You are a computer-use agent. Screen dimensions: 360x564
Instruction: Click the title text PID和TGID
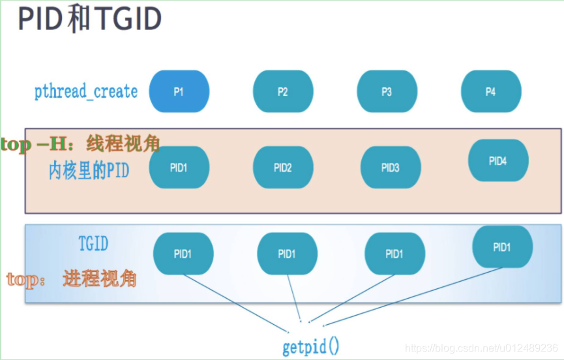click(90, 20)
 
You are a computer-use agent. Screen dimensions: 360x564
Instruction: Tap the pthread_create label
click(86, 91)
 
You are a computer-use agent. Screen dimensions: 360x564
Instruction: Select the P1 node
click(179, 92)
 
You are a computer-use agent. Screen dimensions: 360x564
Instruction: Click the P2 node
click(282, 92)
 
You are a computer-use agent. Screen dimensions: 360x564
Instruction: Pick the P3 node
click(387, 92)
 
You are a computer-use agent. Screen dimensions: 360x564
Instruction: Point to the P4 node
click(490, 92)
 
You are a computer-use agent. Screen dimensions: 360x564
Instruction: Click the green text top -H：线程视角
click(81, 143)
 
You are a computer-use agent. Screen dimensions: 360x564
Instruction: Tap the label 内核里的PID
click(89, 171)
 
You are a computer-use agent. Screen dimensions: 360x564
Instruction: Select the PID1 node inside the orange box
click(179, 168)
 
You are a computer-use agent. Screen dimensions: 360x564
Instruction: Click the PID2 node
click(282, 168)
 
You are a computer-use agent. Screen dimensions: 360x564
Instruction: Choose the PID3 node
click(390, 168)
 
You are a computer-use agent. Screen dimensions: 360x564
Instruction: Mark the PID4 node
click(498, 160)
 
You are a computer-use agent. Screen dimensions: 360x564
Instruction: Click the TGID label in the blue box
click(93, 244)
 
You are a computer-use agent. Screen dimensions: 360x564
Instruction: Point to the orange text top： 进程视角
click(72, 279)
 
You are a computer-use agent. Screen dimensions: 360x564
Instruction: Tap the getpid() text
click(311, 346)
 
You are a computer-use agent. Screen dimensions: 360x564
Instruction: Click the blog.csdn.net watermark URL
click(481, 348)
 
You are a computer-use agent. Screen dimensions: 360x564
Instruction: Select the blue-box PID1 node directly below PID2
click(287, 254)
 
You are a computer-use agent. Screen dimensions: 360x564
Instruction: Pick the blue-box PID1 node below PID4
click(502, 247)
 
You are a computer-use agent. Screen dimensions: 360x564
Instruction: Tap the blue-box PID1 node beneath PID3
click(394, 254)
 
